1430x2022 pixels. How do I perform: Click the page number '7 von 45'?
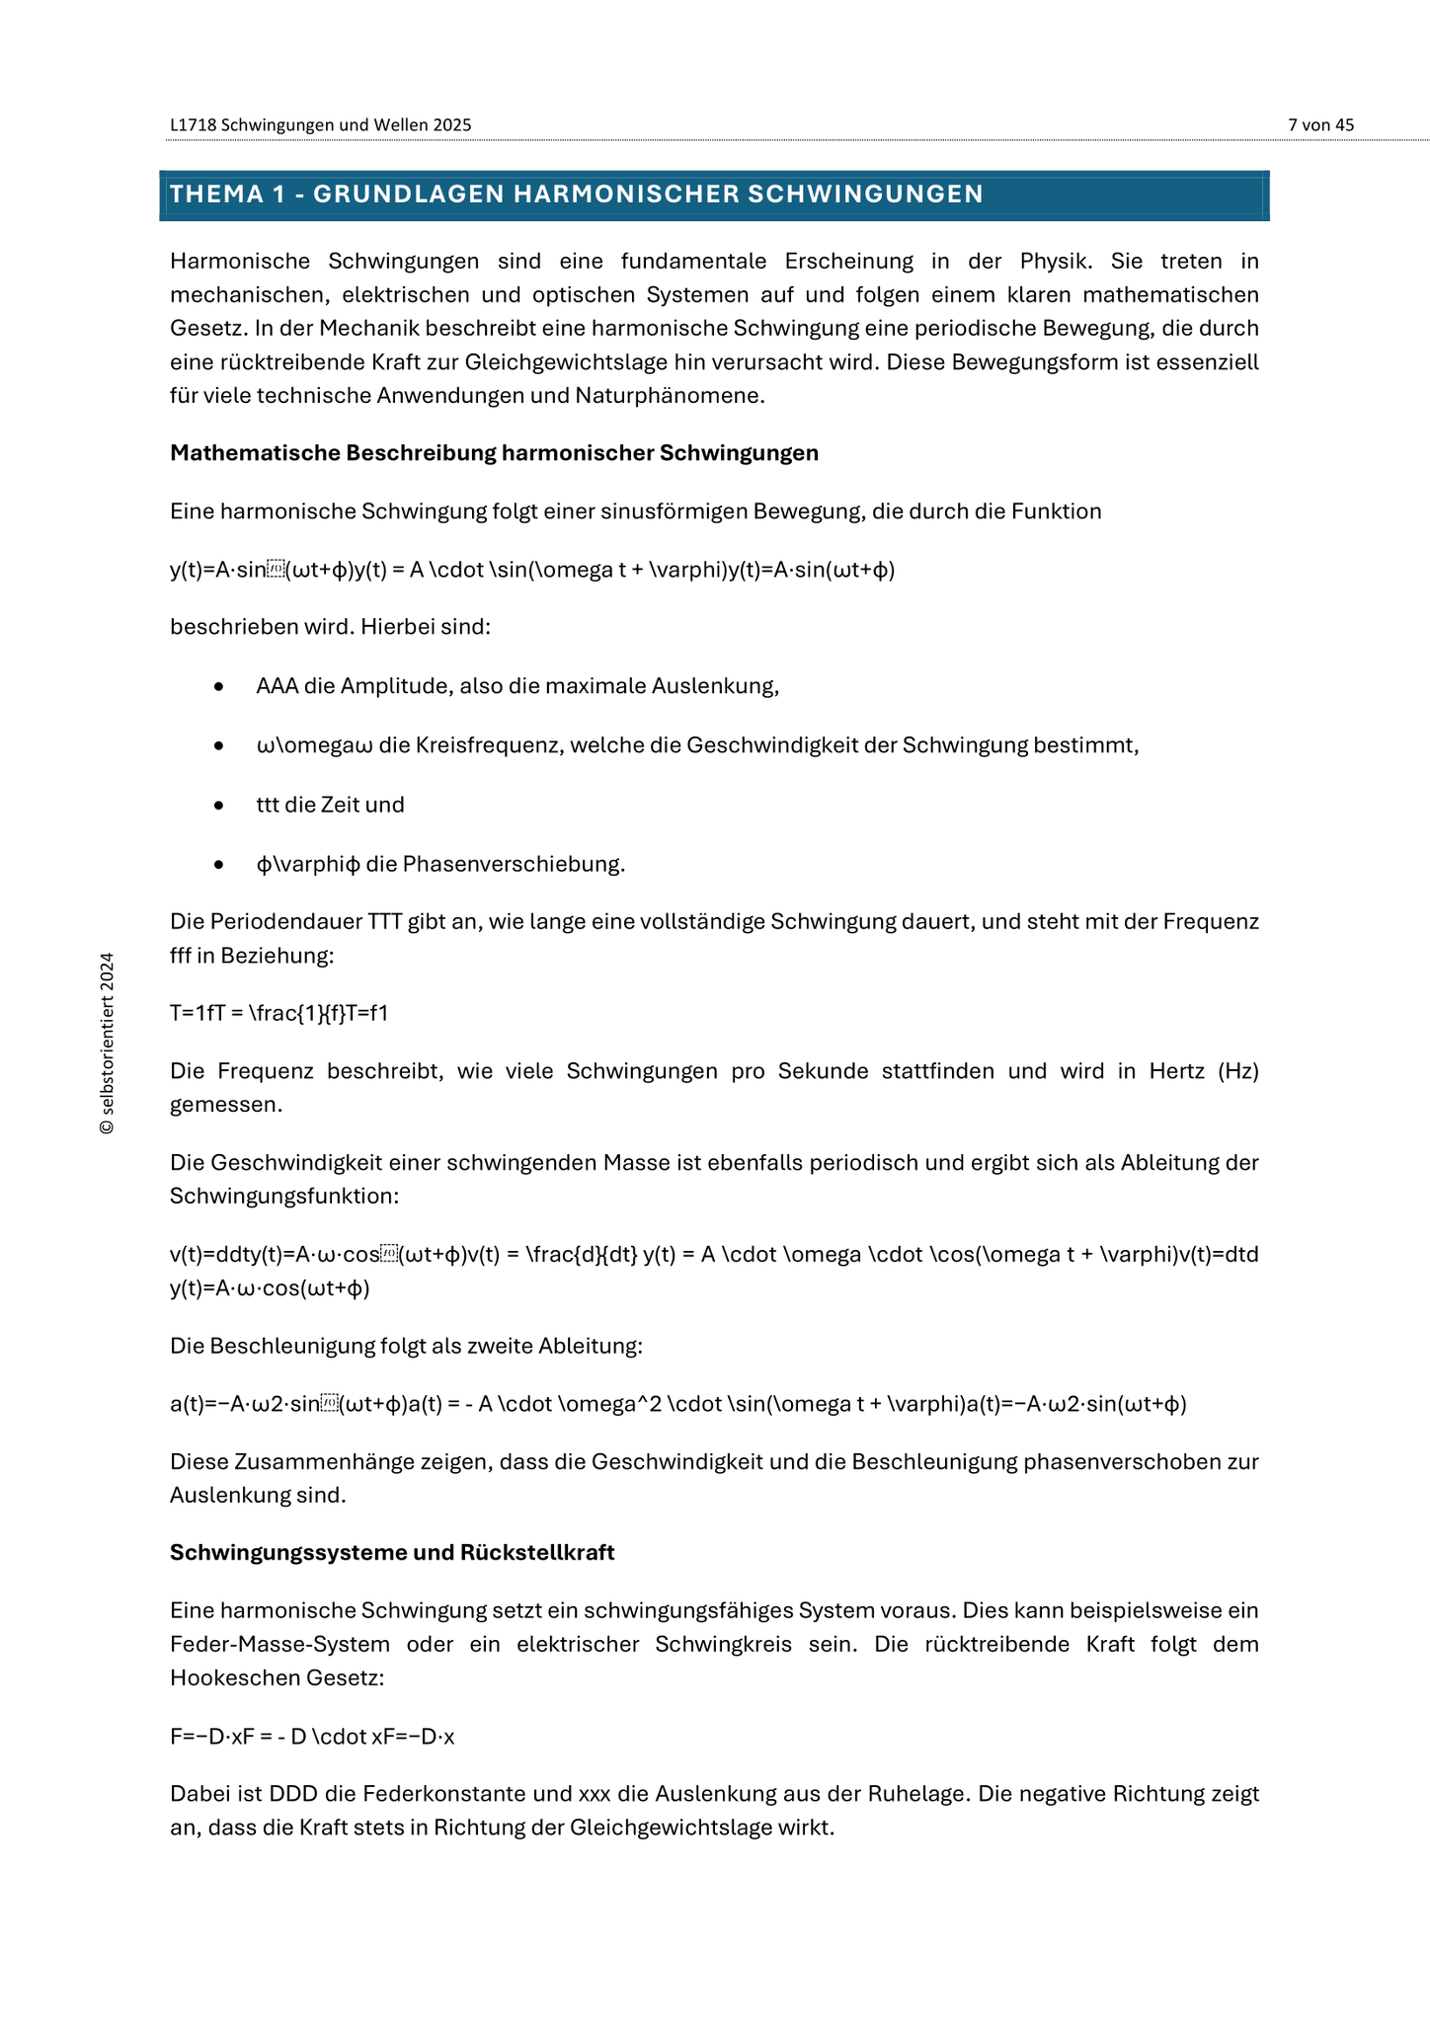click(1320, 124)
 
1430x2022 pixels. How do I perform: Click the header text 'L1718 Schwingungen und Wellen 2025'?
click(320, 124)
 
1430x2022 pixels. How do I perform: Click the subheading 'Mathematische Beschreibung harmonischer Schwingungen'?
click(494, 453)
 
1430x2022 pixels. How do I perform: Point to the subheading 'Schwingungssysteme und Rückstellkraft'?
click(392, 1552)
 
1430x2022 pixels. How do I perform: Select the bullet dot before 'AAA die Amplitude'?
click(218, 686)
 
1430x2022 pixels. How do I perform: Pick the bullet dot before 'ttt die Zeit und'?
click(218, 805)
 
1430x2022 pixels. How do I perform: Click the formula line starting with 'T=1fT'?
click(278, 1013)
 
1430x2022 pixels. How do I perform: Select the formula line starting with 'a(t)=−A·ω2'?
click(677, 1404)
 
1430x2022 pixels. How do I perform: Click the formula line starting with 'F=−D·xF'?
click(312, 1737)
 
